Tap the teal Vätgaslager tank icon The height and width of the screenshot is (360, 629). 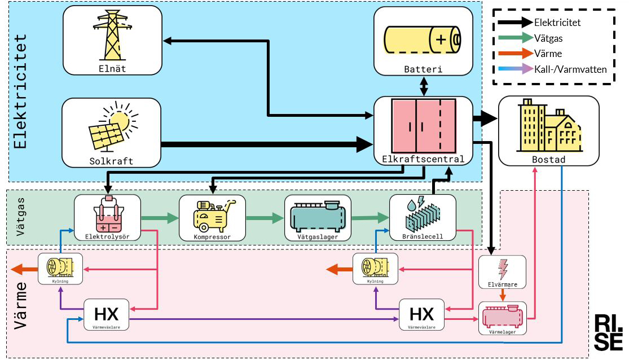pos(318,214)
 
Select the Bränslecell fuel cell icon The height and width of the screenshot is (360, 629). pos(422,214)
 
